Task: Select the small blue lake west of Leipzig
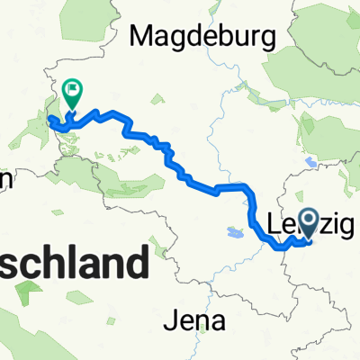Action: (235, 232)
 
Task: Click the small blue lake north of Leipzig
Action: (312, 163)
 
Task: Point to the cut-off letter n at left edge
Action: (4, 180)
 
